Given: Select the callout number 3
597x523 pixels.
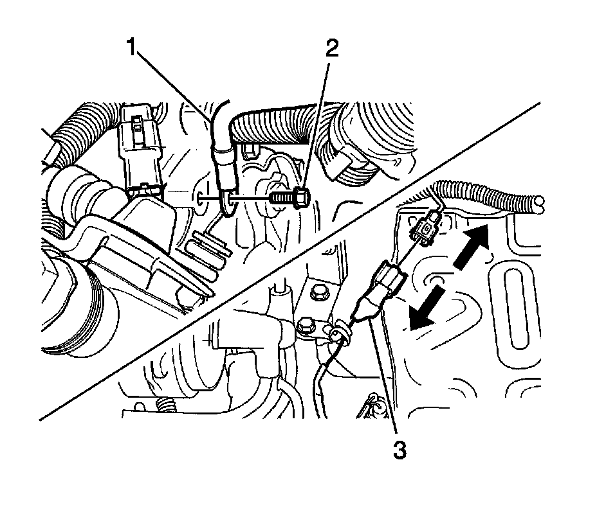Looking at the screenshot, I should [400, 450].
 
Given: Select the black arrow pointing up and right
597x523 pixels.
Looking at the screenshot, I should [472, 247].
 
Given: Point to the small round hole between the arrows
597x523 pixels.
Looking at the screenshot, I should [433, 279].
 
